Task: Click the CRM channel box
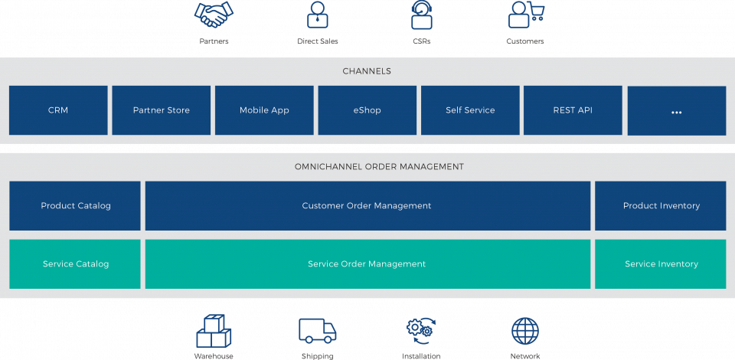(x=58, y=110)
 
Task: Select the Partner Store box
(x=161, y=110)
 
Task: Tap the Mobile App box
(x=264, y=110)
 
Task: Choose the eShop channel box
(x=367, y=110)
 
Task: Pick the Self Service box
(x=470, y=110)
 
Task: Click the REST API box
(x=573, y=110)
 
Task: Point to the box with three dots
(x=676, y=111)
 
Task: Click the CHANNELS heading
(x=367, y=71)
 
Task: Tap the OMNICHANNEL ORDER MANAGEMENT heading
(x=379, y=166)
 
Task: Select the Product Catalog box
(x=75, y=206)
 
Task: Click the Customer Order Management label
(x=367, y=206)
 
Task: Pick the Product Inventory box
(x=661, y=206)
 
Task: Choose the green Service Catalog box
(x=75, y=264)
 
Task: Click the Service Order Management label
(x=367, y=264)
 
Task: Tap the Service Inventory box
(x=661, y=264)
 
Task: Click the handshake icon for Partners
(x=214, y=15)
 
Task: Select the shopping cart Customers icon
(x=526, y=15)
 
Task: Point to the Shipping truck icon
(x=317, y=330)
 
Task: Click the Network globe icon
(x=525, y=330)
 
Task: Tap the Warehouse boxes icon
(x=214, y=332)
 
